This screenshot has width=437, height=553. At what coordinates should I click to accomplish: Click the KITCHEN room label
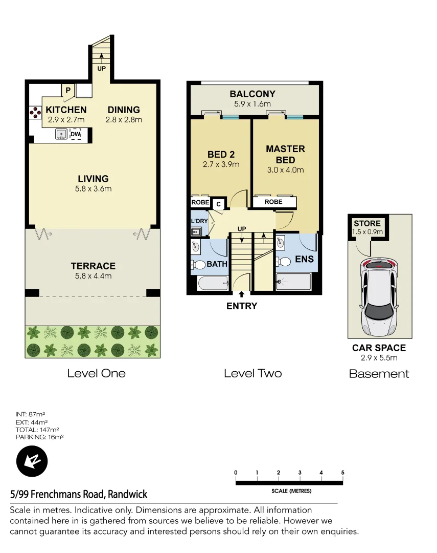point(66,110)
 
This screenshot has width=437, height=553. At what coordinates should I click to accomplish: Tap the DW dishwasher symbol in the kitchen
point(75,135)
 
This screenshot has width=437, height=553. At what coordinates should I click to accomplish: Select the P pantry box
point(67,91)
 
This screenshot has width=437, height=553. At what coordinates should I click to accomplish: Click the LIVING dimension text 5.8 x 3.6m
point(93,188)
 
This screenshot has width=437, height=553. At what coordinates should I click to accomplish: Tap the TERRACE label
point(93,266)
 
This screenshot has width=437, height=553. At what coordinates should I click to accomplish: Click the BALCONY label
point(252,94)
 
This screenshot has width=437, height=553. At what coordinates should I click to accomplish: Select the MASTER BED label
point(285,154)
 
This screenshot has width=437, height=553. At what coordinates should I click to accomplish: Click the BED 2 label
point(221,154)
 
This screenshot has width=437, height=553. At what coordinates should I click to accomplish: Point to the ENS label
point(305,260)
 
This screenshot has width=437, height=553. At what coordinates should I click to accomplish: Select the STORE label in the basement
point(367,223)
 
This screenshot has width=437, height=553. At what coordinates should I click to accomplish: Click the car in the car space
point(379,295)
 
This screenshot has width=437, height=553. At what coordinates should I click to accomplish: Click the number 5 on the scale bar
point(342,473)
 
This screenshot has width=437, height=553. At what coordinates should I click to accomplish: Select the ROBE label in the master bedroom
point(273,202)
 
